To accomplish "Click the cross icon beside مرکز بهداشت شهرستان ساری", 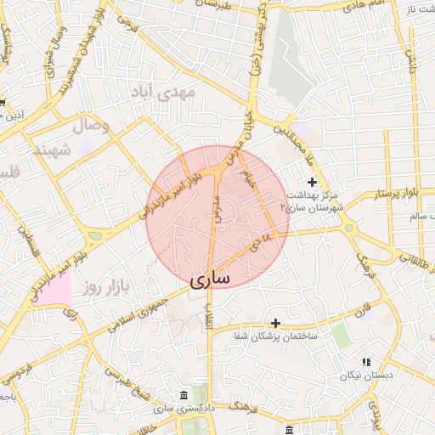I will [x=312, y=182].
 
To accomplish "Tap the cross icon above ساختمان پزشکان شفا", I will [x=275, y=323].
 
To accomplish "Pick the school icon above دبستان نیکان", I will [x=366, y=362].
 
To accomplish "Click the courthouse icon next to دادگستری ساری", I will [x=184, y=396].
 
